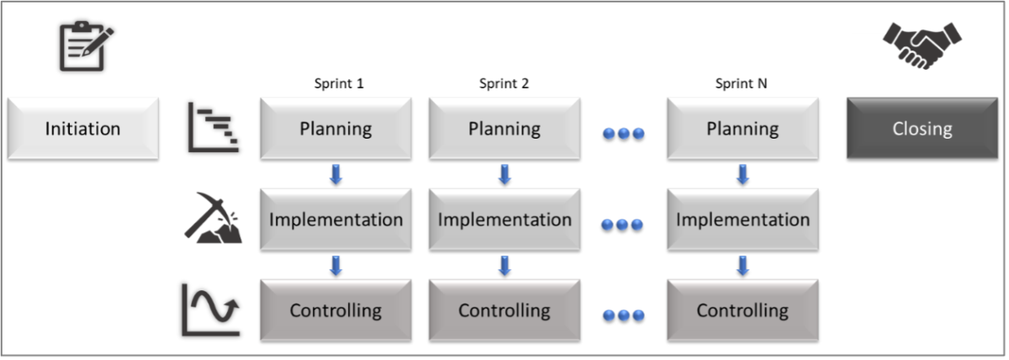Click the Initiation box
82,129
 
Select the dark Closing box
922,129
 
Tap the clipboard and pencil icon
85,47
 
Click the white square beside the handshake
871,61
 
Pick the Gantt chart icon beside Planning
213,128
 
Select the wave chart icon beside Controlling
211,310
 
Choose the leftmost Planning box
335,129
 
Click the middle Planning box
504,129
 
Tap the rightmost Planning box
742,129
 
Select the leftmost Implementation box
335,220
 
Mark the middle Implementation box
504,220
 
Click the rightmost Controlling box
742,310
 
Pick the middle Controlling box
504,310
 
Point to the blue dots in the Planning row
623,133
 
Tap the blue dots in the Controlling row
623,315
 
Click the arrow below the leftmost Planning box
335,175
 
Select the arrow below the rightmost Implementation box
742,266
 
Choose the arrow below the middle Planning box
504,175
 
